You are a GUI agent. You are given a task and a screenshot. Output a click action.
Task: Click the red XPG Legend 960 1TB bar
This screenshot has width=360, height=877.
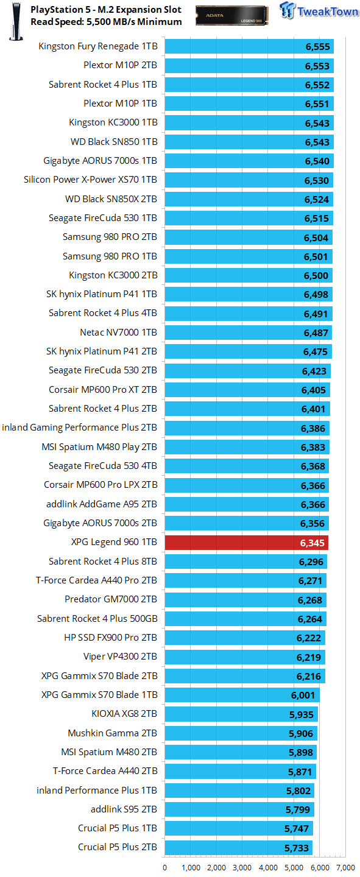point(247,543)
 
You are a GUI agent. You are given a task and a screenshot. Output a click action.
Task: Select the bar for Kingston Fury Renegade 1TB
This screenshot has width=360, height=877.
point(249,46)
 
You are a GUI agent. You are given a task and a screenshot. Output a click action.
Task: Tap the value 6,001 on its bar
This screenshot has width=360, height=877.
point(303,696)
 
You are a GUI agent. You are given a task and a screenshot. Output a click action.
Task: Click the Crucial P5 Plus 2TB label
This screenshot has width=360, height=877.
point(118,847)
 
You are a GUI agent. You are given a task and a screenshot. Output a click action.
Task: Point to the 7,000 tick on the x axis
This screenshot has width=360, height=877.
point(345,868)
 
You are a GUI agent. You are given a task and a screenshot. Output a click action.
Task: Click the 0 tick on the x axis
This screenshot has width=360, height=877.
point(165,868)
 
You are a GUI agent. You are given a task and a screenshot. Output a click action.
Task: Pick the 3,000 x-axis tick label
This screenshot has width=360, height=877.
point(242,868)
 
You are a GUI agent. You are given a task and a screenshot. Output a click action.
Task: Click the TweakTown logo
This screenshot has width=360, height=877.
point(319,10)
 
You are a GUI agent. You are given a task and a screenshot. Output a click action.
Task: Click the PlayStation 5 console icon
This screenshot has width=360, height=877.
point(16,21)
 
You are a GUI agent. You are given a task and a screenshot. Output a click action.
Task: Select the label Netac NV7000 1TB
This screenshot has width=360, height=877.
point(118,333)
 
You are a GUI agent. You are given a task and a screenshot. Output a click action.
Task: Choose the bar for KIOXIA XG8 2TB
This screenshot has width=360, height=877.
point(241,714)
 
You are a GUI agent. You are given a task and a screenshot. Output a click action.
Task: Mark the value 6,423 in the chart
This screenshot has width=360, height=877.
point(314,371)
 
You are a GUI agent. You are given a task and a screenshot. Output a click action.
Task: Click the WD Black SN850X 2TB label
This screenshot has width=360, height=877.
point(111,199)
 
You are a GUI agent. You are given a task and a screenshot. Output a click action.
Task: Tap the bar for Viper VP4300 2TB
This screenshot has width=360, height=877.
point(245,657)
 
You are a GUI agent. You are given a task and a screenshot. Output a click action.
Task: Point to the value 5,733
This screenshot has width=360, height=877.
point(297,848)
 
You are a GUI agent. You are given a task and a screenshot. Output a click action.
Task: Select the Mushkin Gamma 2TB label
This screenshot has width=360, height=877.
point(113,733)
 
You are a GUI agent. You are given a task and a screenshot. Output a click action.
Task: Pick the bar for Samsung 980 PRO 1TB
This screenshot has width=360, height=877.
point(249,256)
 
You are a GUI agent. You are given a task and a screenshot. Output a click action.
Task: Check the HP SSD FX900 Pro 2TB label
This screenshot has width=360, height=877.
point(110,638)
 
